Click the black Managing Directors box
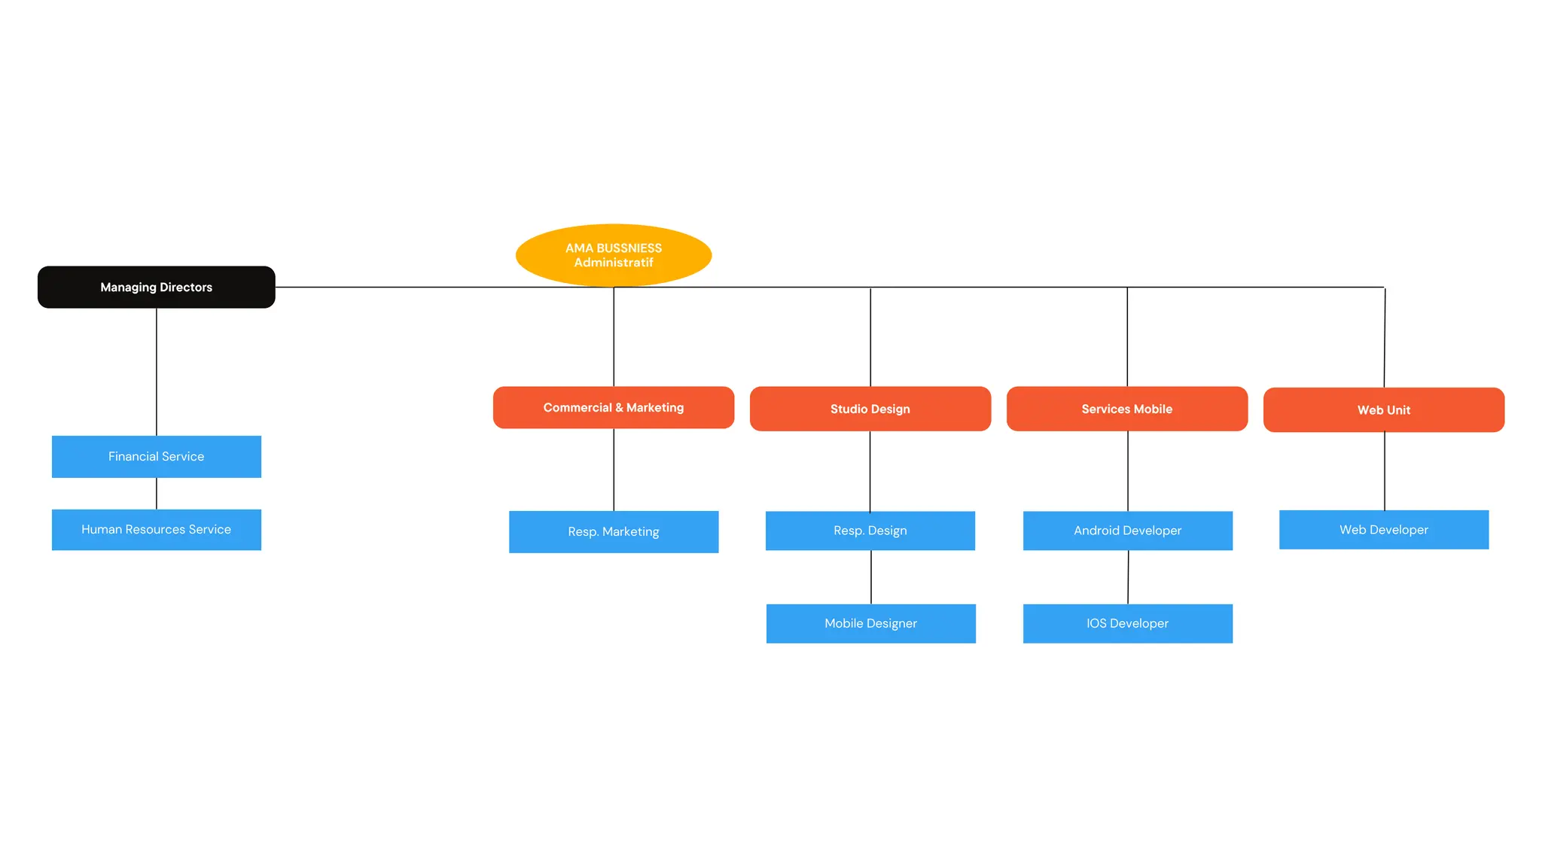point(156,287)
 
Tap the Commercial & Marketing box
point(613,407)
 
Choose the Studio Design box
point(870,409)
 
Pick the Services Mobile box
point(1126,409)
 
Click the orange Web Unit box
point(1383,410)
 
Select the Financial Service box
point(156,456)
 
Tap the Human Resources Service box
point(156,530)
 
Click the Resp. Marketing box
point(613,532)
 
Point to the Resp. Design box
point(870,531)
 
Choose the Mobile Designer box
point(870,623)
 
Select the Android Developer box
point(1127,531)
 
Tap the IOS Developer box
point(1127,623)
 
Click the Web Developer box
point(1383,530)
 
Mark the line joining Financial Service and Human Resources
point(157,494)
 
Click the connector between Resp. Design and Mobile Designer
point(871,577)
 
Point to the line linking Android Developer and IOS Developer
point(1128,577)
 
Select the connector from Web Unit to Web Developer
point(1384,471)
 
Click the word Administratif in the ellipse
point(613,263)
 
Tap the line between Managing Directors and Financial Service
point(157,372)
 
